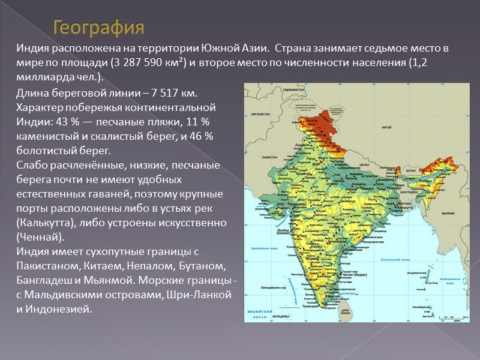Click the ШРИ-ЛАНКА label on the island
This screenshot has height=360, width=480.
[x=344, y=312]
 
